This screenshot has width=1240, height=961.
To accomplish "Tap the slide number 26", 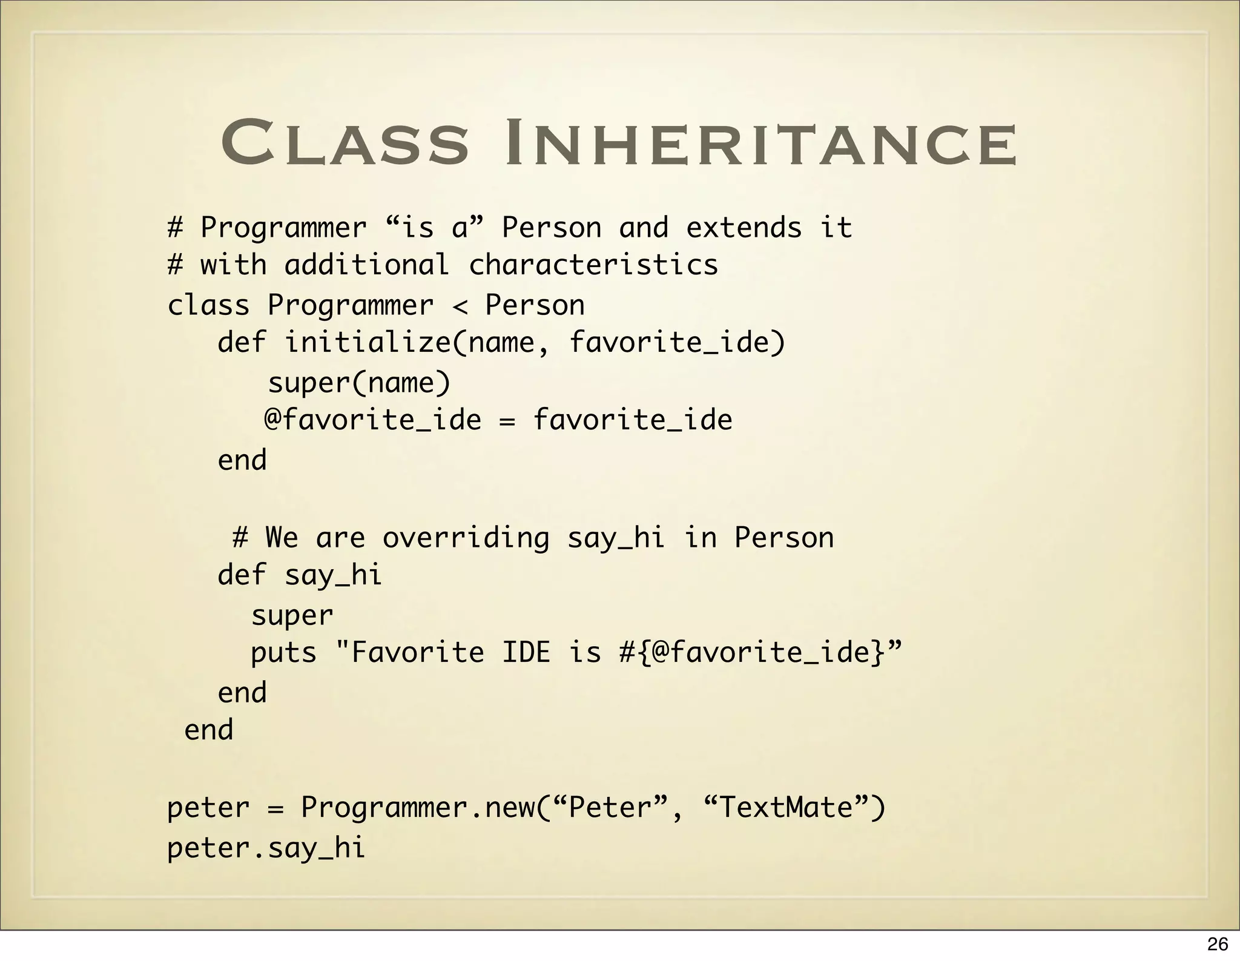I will coord(1217,944).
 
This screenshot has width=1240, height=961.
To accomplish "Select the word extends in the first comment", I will coord(744,228).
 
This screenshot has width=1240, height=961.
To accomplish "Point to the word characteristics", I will coord(593,265).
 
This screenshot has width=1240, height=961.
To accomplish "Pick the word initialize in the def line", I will coord(367,343).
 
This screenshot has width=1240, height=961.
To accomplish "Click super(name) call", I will coord(360,383).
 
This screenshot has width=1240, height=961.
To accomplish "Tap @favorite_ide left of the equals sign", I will coord(373,420).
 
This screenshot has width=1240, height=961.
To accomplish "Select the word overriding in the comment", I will coord(466,538).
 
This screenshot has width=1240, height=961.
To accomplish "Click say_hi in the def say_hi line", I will coord(333,575).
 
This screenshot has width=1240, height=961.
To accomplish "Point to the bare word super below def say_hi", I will coord(292,616).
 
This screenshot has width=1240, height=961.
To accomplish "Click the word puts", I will coord(283,653).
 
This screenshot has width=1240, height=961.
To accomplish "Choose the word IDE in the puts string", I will coord(526,653).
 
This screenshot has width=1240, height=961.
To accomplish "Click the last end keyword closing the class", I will coord(208,730).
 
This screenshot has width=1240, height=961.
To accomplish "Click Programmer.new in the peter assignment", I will coord(417,808).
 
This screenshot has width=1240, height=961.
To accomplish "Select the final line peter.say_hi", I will coord(266,848).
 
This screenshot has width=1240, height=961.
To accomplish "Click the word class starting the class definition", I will coord(208,306).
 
